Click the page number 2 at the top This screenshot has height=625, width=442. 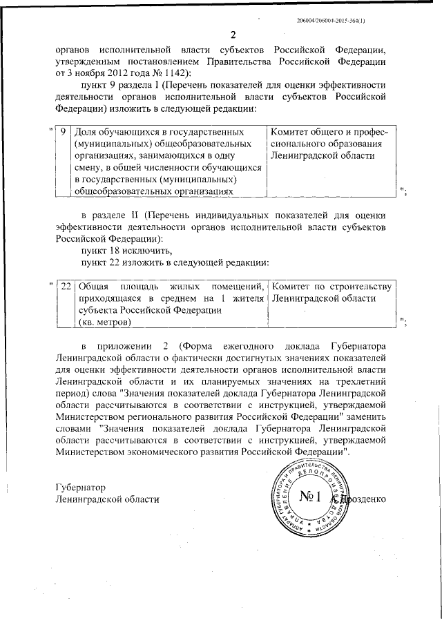coord(233,35)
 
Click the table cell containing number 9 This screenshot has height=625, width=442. coord(64,131)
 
